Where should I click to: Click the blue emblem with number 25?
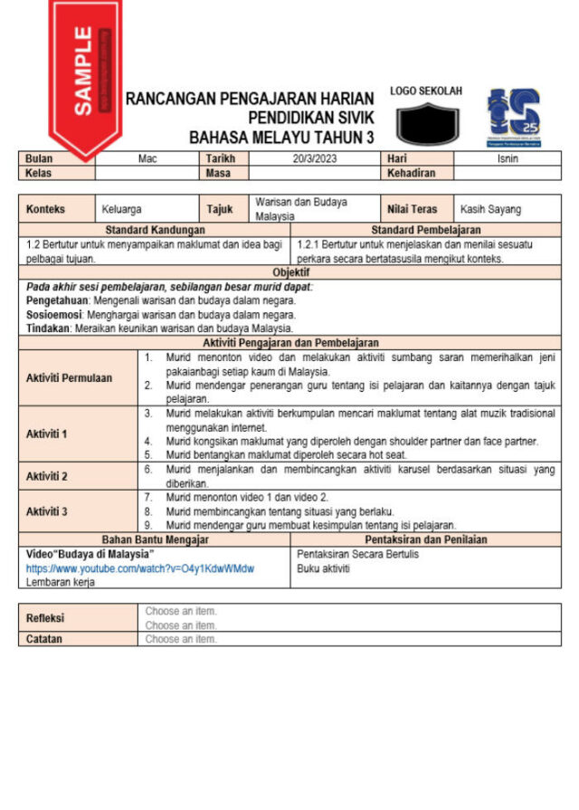pyautogui.click(x=513, y=116)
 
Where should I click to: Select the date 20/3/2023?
pyautogui.click(x=313, y=158)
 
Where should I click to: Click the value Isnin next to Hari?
pyautogui.click(x=508, y=158)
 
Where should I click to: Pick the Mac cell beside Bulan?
pyautogui.click(x=147, y=158)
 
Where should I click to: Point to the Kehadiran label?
pyautogui.click(x=412, y=172)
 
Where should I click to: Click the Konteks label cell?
pyautogui.click(x=46, y=209)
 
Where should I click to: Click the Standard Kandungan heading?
pyautogui.click(x=156, y=231)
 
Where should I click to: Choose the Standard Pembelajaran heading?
pyautogui.click(x=426, y=231)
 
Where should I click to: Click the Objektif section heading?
pyautogui.click(x=290, y=272)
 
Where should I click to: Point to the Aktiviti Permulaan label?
pyautogui.click(x=69, y=377)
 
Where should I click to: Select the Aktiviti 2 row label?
pyautogui.click(x=47, y=475)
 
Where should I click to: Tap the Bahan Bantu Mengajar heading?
pyautogui.click(x=156, y=539)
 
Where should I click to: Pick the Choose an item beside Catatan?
pyautogui.click(x=181, y=639)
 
